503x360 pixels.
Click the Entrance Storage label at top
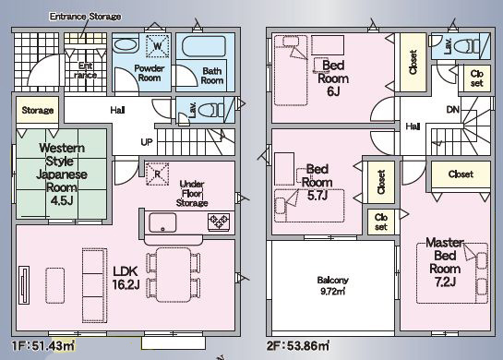[85, 17]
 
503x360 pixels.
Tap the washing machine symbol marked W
[158, 46]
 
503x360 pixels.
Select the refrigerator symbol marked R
[157, 174]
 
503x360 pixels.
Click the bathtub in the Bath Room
[204, 46]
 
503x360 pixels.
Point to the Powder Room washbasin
[126, 45]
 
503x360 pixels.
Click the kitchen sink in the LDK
[162, 222]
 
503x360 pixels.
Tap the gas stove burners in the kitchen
[219, 222]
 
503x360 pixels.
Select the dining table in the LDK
[174, 275]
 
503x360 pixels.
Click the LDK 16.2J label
[126, 278]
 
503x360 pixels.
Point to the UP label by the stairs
[147, 142]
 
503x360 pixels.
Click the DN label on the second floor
[452, 110]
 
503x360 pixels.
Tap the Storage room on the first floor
[38, 110]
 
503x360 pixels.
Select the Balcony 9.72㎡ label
[332, 285]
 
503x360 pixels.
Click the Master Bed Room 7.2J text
[445, 262]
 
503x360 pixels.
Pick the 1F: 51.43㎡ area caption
[43, 346]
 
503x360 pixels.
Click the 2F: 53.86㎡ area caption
[298, 346]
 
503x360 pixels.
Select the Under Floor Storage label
[192, 194]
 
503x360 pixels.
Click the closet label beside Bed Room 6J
[413, 62]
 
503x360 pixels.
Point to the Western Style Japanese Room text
[62, 174]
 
